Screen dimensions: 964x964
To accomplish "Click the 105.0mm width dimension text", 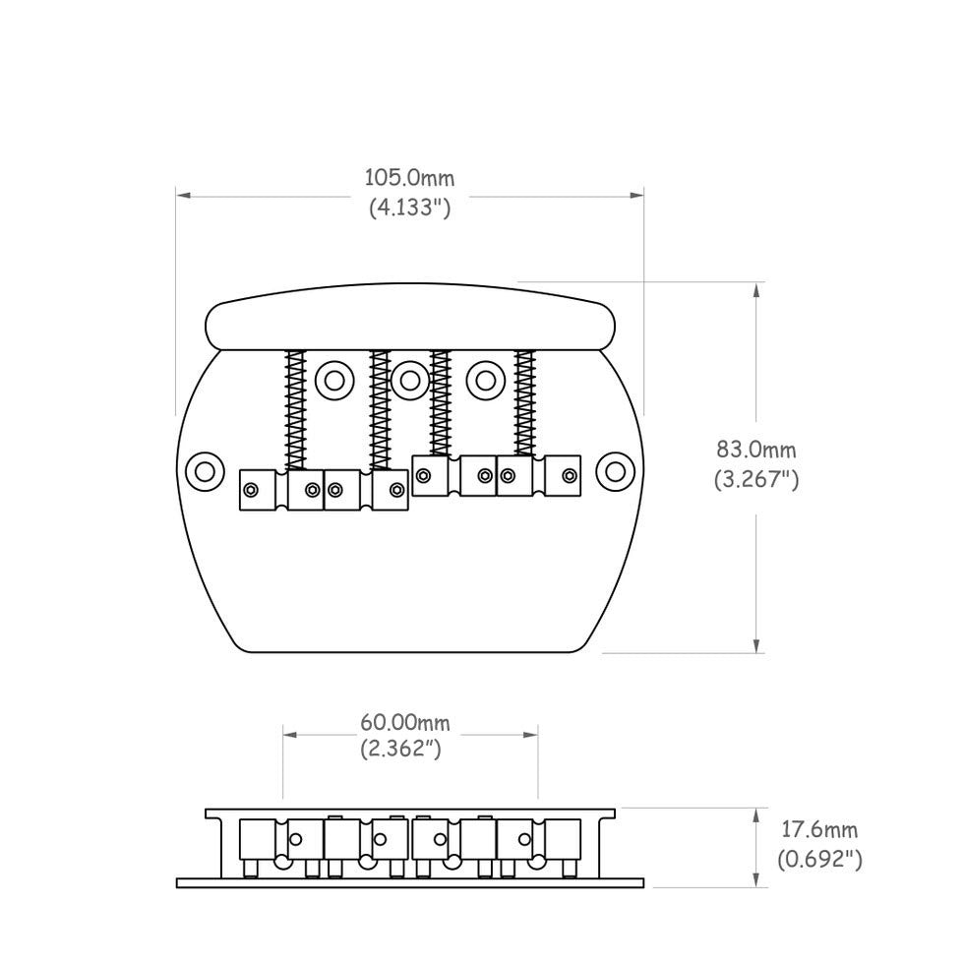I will click(x=410, y=178).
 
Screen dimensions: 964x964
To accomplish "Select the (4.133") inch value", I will click(x=410, y=208).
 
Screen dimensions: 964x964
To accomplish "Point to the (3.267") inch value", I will click(x=755, y=480).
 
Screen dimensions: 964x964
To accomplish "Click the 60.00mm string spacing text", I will click(x=410, y=723).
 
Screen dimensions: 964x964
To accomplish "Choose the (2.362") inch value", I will click(x=410, y=750).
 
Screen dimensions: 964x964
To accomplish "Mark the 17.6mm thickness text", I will click(x=819, y=831).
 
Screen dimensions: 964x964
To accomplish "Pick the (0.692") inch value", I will click(x=819, y=860).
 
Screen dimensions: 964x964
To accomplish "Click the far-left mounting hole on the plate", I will click(x=205, y=469).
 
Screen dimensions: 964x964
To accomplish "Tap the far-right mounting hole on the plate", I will click(x=616, y=469).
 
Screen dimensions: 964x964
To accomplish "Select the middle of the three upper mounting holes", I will click(x=409, y=378).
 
